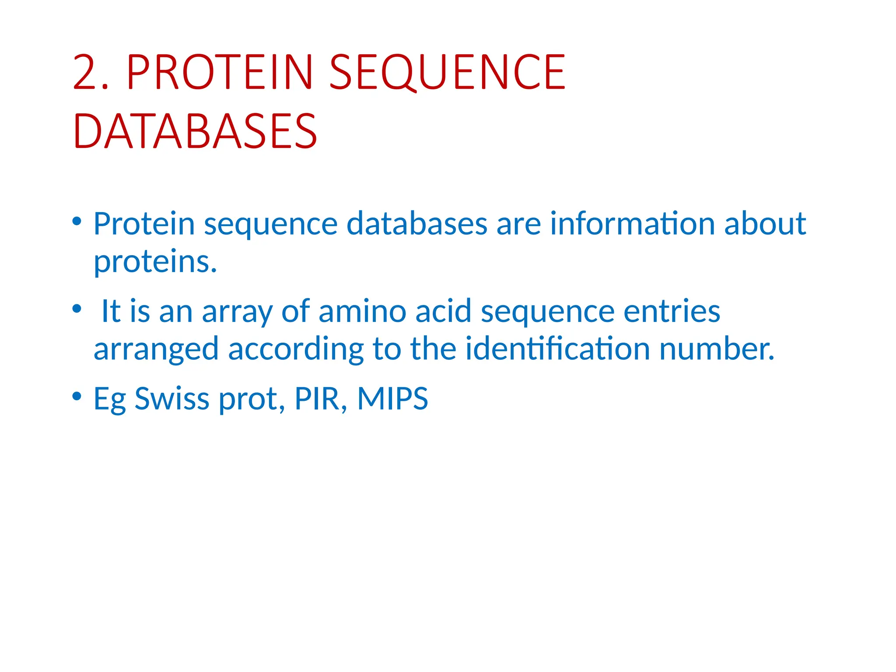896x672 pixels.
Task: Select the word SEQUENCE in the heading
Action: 447,72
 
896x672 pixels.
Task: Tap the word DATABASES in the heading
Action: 195,132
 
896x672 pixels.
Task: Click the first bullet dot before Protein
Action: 77,221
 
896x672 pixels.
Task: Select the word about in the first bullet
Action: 765,224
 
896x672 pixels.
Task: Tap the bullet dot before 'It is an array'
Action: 77,309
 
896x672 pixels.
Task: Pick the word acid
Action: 443,311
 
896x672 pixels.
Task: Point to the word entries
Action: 672,311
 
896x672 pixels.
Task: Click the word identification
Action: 557,349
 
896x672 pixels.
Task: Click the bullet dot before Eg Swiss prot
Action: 77,396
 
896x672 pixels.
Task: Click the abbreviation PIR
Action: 318,399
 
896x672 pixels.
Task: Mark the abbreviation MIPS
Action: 392,399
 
